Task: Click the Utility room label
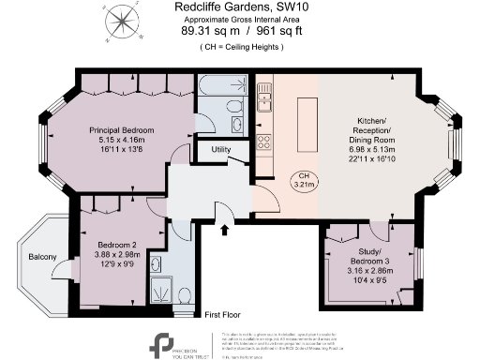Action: [221, 149]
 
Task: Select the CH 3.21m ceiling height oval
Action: [303, 181]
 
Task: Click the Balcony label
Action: [42, 257]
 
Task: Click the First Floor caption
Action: [224, 316]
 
